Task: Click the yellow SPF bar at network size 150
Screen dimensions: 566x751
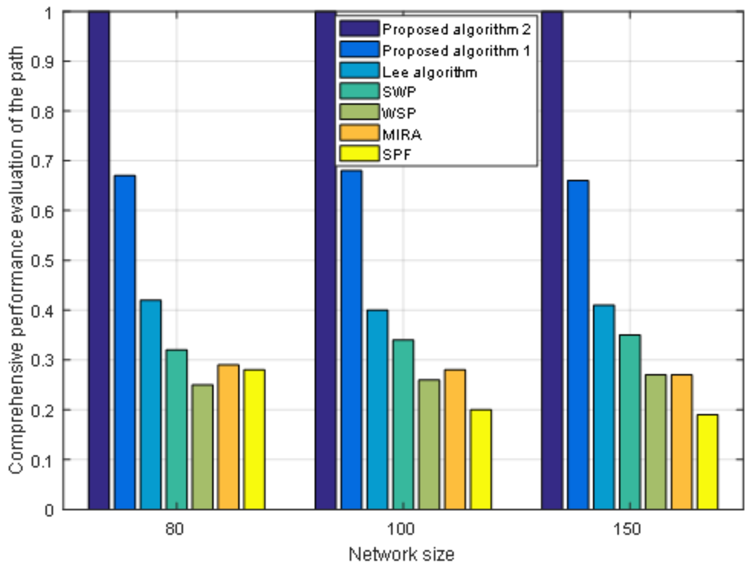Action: tap(708, 462)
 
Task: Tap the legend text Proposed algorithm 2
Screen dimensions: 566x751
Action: tap(456, 30)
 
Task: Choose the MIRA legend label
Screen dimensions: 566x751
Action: tap(402, 135)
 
